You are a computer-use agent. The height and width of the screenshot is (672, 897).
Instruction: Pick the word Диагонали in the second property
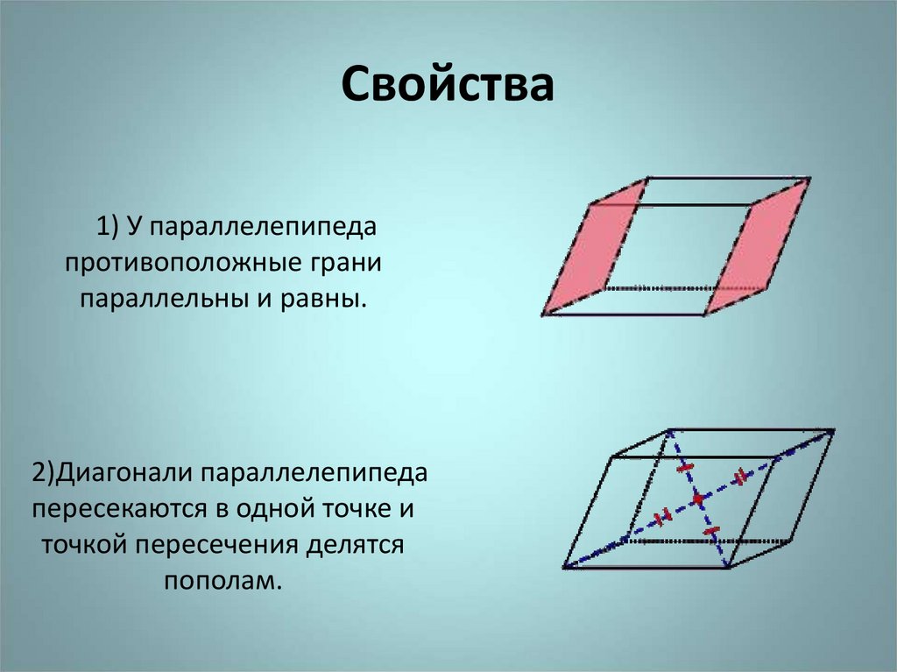[x=123, y=474]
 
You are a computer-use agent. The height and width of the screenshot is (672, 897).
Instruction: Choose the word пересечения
[x=215, y=545]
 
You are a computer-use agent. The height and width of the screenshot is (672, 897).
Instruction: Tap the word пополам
[x=222, y=581]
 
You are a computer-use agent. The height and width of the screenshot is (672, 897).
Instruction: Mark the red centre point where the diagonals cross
[x=697, y=499]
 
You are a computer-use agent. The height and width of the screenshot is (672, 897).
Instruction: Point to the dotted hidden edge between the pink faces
[x=657, y=287]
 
